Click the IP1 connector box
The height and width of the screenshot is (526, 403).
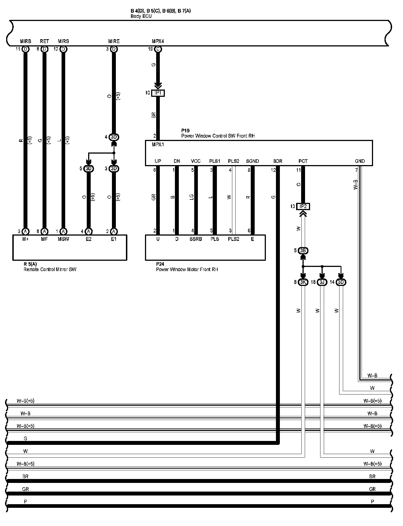click(158, 93)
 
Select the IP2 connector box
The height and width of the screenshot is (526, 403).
click(303, 206)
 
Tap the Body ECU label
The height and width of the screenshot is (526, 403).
click(141, 16)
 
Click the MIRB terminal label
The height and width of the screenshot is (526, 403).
click(25, 41)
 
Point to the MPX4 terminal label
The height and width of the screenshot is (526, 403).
click(158, 41)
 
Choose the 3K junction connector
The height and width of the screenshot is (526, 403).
click(303, 282)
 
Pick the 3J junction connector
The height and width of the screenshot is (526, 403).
click(322, 282)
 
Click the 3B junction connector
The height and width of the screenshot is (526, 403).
click(303, 250)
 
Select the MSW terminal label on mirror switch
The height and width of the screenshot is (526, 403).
click(63, 239)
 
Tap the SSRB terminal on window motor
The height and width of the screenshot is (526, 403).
click(196, 239)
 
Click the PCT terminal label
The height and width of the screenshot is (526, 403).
click(303, 161)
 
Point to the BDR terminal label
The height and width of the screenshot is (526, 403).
click(278, 161)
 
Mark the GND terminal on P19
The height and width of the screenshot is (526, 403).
click(360, 161)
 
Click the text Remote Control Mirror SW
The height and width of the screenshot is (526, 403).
click(50, 269)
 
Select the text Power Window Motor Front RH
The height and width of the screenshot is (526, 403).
click(187, 269)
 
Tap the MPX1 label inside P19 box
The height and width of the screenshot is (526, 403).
click(158, 145)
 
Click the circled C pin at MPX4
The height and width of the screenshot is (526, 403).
click(158, 49)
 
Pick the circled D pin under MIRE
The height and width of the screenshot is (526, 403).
click(114, 49)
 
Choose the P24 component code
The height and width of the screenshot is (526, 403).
click(160, 264)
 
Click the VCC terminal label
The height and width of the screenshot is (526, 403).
click(196, 161)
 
